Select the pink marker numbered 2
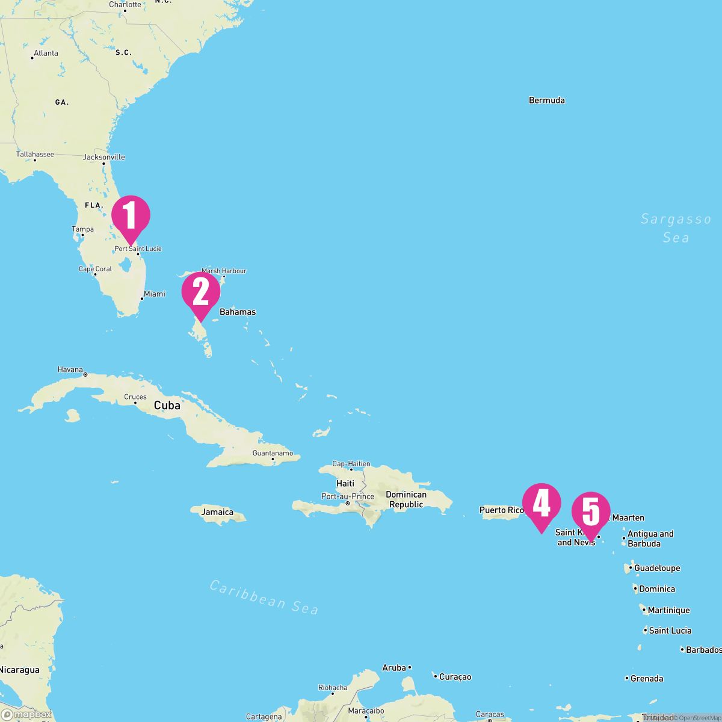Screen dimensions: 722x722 200,292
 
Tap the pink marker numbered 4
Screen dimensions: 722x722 541,504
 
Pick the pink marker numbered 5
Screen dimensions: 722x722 591,512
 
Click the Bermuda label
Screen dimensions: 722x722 546,100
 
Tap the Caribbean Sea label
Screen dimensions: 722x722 264,596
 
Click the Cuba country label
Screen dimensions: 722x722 167,406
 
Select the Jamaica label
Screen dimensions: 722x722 217,512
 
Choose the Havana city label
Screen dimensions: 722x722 70,369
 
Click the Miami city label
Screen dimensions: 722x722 154,294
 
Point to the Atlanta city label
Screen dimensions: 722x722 46,53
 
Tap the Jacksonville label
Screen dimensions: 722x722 104,157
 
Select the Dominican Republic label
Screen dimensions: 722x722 406,499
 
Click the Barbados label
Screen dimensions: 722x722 703,650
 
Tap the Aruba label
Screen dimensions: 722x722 394,668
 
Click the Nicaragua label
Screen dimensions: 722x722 19,670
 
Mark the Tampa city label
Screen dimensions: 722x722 82,229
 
